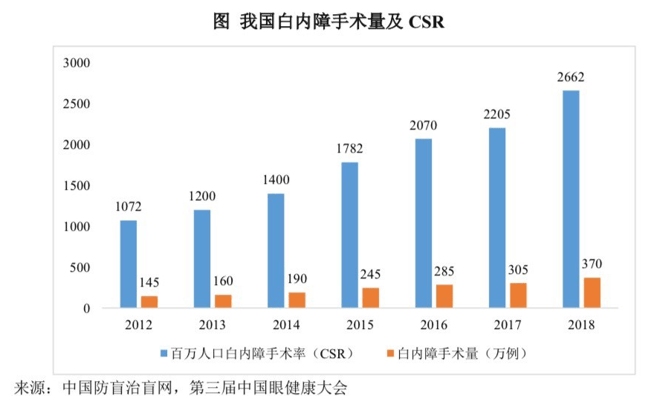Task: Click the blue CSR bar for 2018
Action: point(571,199)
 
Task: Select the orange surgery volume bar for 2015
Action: point(371,298)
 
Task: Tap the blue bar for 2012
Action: point(129,264)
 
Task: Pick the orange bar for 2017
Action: point(518,295)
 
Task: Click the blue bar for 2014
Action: point(276,251)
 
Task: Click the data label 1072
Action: point(128,206)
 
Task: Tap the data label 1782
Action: point(349,148)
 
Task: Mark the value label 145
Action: point(149,282)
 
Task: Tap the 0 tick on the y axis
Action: point(86,308)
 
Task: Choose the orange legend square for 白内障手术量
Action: point(389,353)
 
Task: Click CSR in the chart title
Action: point(426,22)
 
